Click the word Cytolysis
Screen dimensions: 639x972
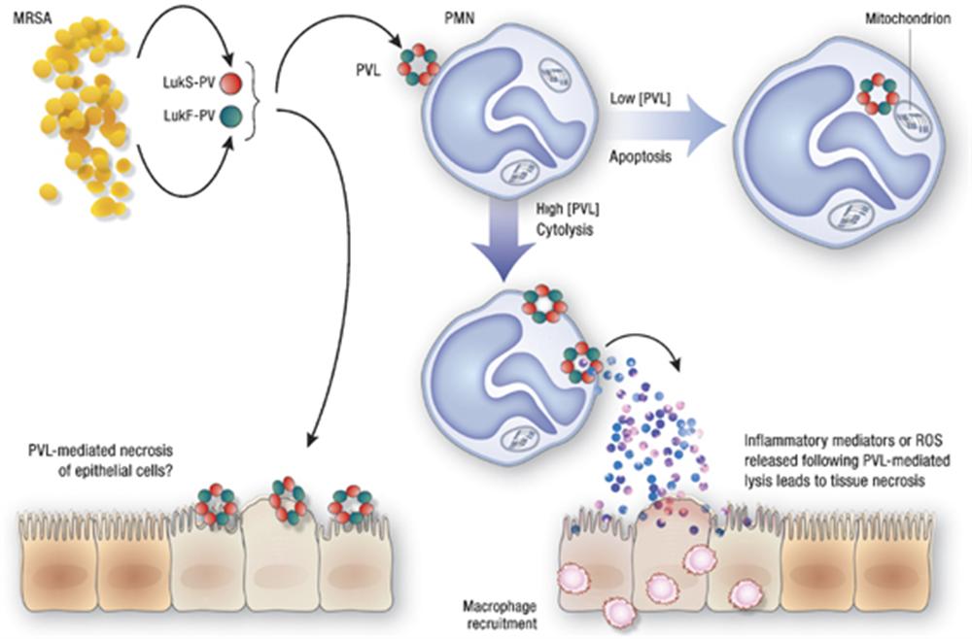click(x=562, y=232)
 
